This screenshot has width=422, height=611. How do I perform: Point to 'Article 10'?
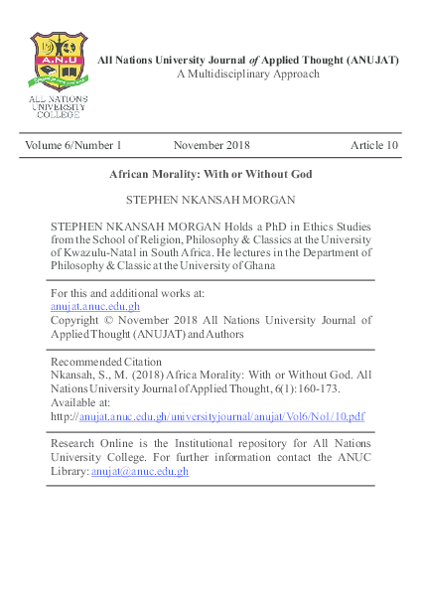pos(374,145)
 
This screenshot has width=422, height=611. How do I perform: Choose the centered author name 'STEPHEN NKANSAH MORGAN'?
pos(211,200)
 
